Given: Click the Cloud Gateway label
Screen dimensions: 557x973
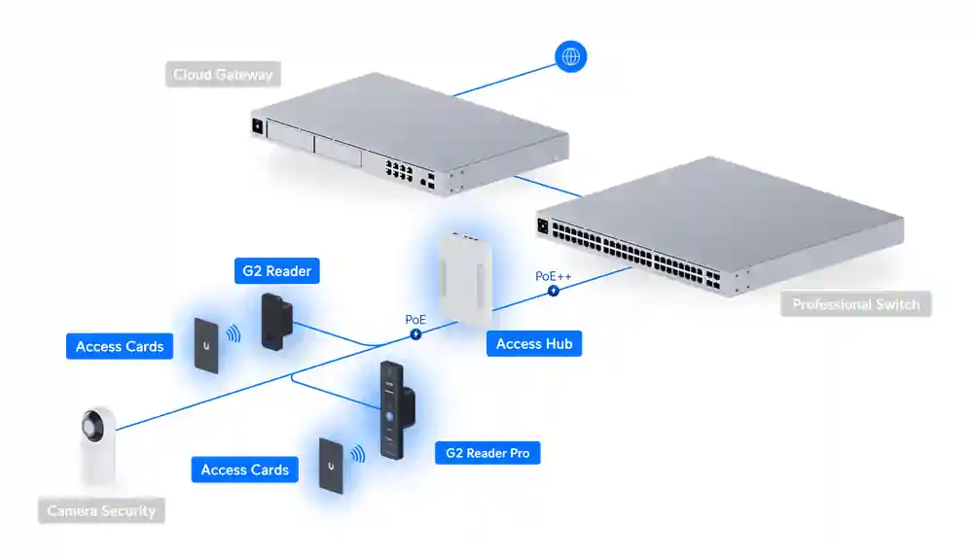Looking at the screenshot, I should coord(223,75).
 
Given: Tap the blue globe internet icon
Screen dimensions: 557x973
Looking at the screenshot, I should coord(570,55).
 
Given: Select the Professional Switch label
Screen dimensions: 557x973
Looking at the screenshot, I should coord(855,304).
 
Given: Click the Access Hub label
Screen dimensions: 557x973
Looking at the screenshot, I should coord(534,343).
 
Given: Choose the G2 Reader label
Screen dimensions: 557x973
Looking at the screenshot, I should coord(276,271).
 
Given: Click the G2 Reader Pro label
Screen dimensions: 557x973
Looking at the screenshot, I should coord(487,453).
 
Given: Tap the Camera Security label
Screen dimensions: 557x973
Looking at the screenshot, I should coord(101,510).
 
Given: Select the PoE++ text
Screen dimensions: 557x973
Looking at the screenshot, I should coord(554,276).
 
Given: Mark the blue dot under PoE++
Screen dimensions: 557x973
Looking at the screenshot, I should coord(554,290).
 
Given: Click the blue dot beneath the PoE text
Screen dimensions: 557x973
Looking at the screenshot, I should coord(415,333).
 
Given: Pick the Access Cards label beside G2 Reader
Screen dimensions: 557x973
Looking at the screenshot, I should coord(120,346).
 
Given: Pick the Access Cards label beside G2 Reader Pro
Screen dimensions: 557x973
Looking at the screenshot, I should coord(244,470).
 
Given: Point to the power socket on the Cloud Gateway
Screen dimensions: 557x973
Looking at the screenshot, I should coord(258,125).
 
